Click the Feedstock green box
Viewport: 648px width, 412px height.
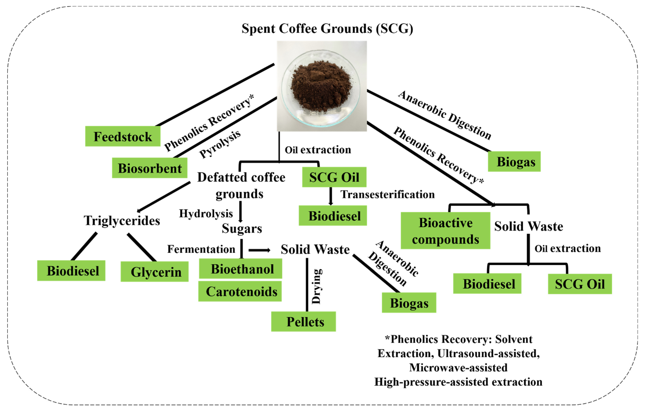tap(123, 136)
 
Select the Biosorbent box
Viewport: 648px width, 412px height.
tap(150, 168)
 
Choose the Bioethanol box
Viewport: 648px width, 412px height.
tap(241, 269)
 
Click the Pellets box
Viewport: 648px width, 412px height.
tap(304, 322)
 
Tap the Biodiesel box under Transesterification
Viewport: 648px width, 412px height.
tap(333, 216)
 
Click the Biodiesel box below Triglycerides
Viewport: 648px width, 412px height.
tap(71, 271)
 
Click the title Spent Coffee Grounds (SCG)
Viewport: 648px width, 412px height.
tap(327, 29)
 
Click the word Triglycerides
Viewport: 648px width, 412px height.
tap(122, 221)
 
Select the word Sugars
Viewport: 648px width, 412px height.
tap(242, 228)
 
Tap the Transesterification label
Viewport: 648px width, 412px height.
tap(388, 194)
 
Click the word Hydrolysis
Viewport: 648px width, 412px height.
tap(206, 214)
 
